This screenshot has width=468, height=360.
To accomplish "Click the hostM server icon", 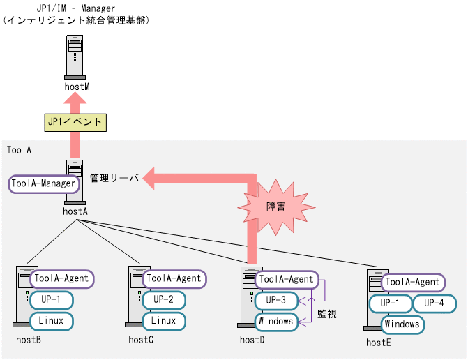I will click(x=75, y=58).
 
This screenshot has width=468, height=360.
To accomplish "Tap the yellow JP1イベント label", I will click(x=75, y=122).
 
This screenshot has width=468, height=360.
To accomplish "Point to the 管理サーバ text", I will click(x=114, y=179).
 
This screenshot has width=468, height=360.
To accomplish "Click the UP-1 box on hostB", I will click(x=51, y=300).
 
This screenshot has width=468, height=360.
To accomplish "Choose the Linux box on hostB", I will click(x=51, y=321).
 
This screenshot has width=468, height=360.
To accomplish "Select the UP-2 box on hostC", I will click(x=164, y=300).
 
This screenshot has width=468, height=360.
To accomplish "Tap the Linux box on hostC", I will click(x=164, y=321).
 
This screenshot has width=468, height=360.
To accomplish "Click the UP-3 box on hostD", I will click(x=276, y=301).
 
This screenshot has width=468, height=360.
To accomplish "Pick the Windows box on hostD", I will click(x=276, y=322).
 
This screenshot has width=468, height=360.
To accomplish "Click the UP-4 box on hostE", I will click(x=434, y=303).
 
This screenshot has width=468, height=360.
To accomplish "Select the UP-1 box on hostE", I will click(x=390, y=303).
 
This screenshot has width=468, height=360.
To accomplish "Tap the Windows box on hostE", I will click(x=402, y=324).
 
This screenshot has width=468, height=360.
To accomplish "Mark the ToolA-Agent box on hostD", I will click(x=286, y=279).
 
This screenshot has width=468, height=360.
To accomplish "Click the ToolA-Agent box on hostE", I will click(x=413, y=283).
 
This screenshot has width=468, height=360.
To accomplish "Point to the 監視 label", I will click(x=327, y=315).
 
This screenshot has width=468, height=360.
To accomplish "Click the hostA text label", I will click(x=75, y=209).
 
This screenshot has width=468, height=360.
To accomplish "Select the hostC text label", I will click(x=141, y=340).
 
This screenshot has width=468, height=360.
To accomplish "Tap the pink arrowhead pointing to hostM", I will click(x=75, y=101).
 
